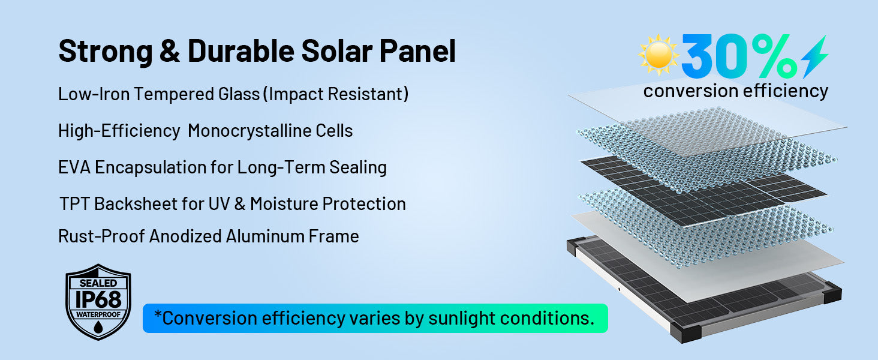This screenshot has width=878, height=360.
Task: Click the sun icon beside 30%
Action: point(658,55)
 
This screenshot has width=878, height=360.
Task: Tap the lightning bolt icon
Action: point(814,56)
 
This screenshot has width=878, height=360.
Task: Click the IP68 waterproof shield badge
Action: point(98,302)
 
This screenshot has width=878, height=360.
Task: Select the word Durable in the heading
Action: point(240,51)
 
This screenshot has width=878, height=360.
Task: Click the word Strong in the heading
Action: point(106,52)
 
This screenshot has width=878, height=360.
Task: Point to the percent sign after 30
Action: point(774,56)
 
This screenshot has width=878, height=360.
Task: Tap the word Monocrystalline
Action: point(270,131)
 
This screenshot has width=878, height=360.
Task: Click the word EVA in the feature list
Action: point(74,167)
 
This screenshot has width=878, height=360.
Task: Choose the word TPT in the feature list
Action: point(74,204)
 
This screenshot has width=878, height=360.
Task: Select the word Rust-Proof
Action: point(101,236)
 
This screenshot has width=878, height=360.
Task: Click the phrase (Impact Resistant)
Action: point(336,94)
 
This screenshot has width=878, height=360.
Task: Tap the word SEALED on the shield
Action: point(98,283)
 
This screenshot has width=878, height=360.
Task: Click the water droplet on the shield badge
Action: point(98,326)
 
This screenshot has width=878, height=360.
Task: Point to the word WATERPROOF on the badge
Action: point(98,314)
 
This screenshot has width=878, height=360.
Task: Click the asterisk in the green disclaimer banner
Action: point(158,314)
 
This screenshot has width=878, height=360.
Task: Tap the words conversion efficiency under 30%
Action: point(736,91)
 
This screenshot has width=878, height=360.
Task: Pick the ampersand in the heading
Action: point(170,51)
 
